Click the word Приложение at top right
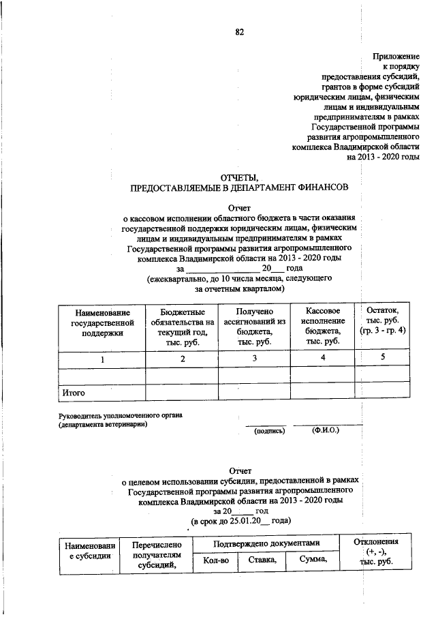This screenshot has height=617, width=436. coord(396,55)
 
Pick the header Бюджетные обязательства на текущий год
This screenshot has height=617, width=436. coord(183,326)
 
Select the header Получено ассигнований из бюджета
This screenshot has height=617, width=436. coord(254,326)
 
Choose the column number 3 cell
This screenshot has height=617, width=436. coord(254,359)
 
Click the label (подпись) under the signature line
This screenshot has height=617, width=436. coord(269,431)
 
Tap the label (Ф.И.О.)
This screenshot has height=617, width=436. coord(326,431)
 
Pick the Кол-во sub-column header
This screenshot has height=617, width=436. coord(216,560)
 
